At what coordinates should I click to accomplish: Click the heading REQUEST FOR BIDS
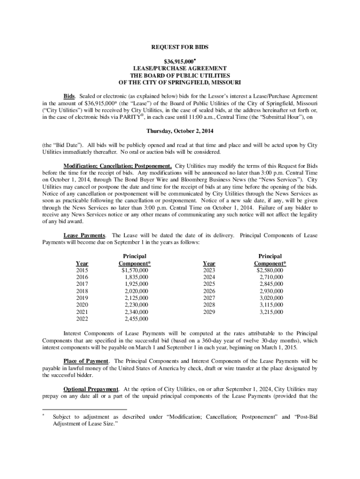point(180,47)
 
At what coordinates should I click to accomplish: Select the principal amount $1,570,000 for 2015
point(135,270)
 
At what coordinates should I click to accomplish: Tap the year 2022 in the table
point(82,319)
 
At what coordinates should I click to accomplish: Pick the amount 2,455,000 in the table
point(137,319)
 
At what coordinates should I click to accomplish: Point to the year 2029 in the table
point(209,312)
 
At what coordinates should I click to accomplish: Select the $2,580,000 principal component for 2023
point(270,270)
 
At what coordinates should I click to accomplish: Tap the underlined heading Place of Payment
point(86,361)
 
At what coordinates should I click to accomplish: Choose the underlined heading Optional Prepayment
point(91,389)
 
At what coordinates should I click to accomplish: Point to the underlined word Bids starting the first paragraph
point(70,95)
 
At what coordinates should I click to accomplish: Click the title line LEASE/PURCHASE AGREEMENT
point(180,68)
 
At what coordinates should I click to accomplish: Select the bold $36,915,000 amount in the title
point(178,61)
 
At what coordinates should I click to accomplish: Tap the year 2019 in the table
point(82,298)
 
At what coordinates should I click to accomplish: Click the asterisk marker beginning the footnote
point(43,415)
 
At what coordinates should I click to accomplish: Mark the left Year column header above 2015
point(82,263)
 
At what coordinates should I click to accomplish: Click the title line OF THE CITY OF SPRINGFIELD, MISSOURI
point(180,82)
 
